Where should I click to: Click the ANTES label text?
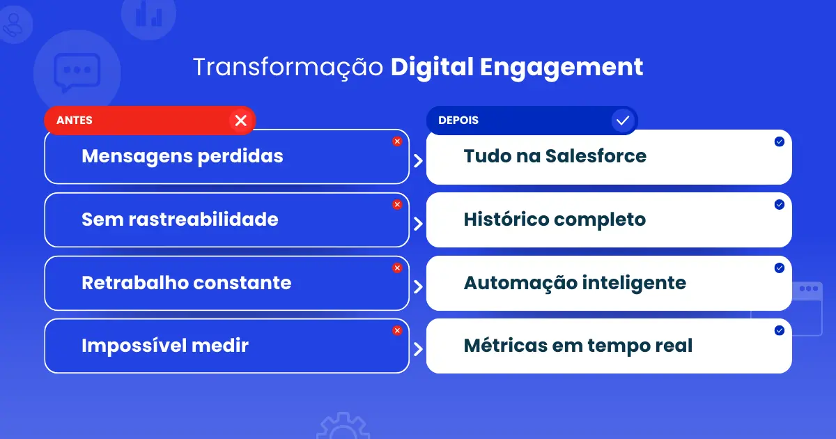(75, 120)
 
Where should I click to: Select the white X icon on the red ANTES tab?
(241, 121)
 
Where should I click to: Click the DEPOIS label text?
(458, 120)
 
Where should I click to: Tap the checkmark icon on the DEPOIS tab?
(623, 121)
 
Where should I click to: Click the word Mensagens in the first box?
(137, 157)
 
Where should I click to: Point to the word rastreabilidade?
(203, 219)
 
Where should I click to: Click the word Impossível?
(134, 346)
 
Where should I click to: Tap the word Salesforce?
(596, 156)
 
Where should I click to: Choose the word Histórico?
(506, 219)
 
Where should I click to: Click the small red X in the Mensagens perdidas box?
(397, 141)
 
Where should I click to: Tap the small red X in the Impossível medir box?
(397, 330)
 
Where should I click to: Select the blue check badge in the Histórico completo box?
(780, 205)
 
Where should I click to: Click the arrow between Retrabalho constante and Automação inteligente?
(419, 286)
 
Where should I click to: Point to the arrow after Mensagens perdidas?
(419, 161)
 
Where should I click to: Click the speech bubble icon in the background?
(77, 71)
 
